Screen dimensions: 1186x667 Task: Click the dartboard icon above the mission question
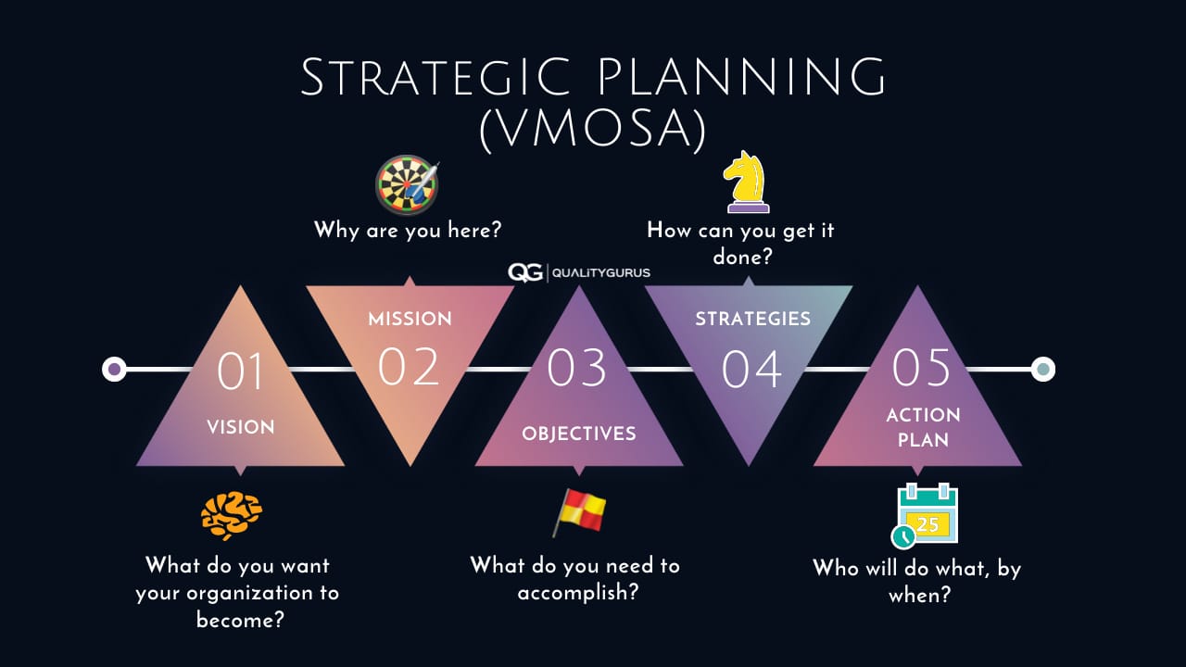coord(407,184)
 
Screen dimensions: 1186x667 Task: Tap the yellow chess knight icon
coord(747,182)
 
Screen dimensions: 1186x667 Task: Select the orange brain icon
coord(232,516)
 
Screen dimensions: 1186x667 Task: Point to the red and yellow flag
coord(579,512)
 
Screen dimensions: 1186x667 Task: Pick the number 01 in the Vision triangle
coord(240,371)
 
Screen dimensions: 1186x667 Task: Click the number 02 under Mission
coord(409,367)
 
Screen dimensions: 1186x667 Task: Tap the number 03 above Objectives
coord(576,368)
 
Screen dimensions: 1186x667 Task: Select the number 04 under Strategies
coord(751,369)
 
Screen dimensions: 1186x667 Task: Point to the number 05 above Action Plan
coord(921,368)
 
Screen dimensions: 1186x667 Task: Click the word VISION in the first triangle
coord(241,427)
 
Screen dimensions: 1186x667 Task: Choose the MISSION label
coord(410,319)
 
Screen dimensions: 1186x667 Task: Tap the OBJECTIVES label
coord(579,434)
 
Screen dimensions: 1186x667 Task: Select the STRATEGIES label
coord(753,319)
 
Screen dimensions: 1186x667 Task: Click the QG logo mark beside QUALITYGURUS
coord(524,273)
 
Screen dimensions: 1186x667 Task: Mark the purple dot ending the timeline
coord(114,369)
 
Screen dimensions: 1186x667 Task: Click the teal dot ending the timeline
coord(1043,369)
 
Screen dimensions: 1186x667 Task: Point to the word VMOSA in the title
coord(593,129)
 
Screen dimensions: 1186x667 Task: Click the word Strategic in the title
coord(435,77)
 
